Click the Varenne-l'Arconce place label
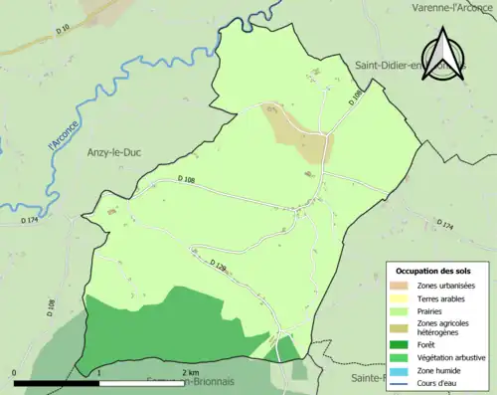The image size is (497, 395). (452, 8)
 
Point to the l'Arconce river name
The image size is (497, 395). (62, 136)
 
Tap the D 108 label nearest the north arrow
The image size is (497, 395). (357, 100)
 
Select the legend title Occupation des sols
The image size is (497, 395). (433, 271)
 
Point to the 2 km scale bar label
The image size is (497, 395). (190, 372)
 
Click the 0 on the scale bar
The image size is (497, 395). (14, 372)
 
